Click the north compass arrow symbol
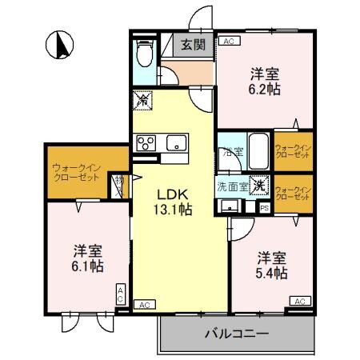pyautogui.click(x=58, y=46)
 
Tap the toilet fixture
pyautogui.click(x=145, y=54)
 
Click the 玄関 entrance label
pyautogui.click(x=193, y=46)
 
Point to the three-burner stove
pyautogui.click(x=146, y=143)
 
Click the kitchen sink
pyautogui.click(x=175, y=144)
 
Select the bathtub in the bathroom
pyautogui.click(x=258, y=149)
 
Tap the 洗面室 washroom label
pyautogui.click(x=232, y=186)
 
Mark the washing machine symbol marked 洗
pyautogui.click(x=260, y=185)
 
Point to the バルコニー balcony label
pyautogui.click(x=236, y=332)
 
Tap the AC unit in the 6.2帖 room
pyautogui.click(x=229, y=41)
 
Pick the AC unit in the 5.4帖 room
pyautogui.click(x=298, y=301)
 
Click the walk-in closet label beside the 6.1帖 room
pyautogui.click(x=75, y=172)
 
